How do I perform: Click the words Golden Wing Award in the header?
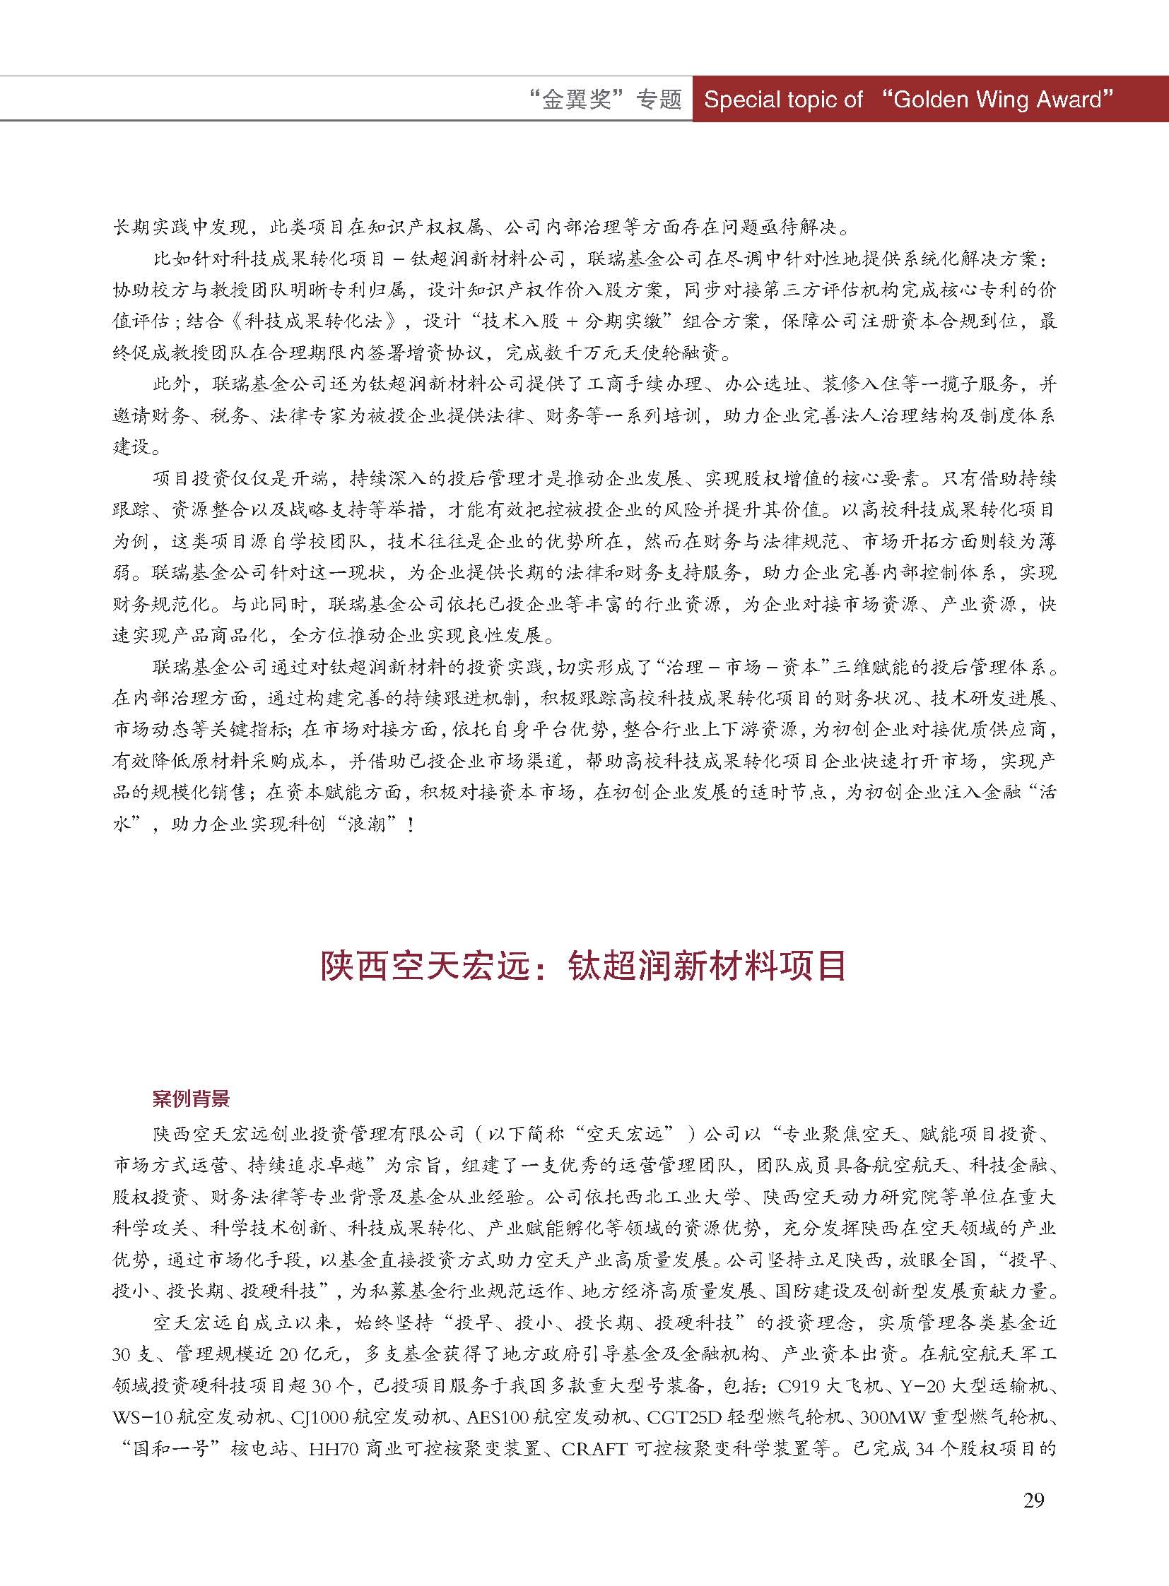(998, 100)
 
